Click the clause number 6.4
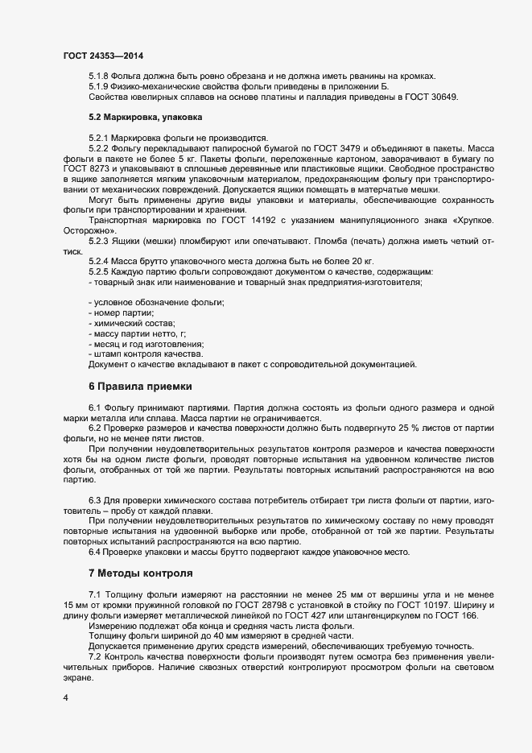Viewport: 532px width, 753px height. point(95,551)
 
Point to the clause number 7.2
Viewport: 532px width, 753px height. point(95,657)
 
